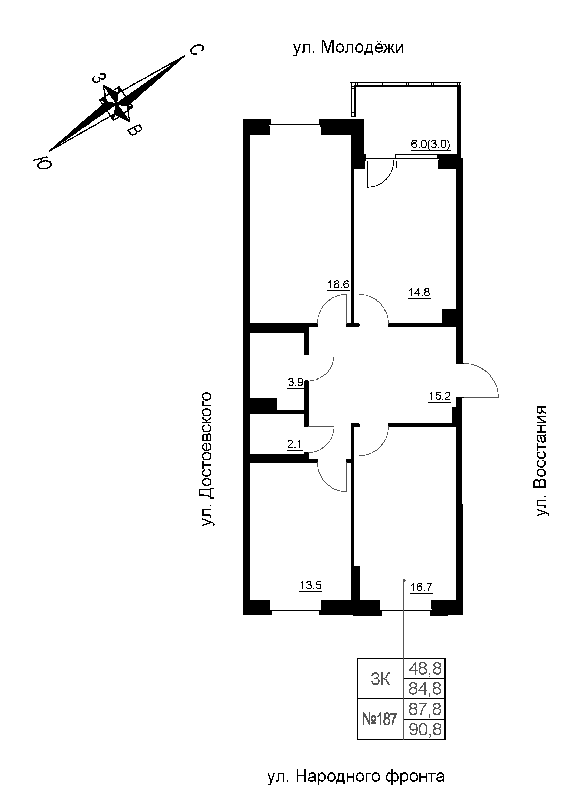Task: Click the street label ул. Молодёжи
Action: (x=348, y=48)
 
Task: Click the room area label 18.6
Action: (x=338, y=284)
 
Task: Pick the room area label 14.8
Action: (x=419, y=293)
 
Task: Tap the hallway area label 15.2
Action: (x=439, y=396)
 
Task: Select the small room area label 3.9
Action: (x=296, y=382)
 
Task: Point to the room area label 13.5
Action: (x=310, y=585)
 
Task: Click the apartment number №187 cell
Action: (x=380, y=719)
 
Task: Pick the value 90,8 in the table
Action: (x=424, y=730)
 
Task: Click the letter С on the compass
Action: (x=196, y=50)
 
